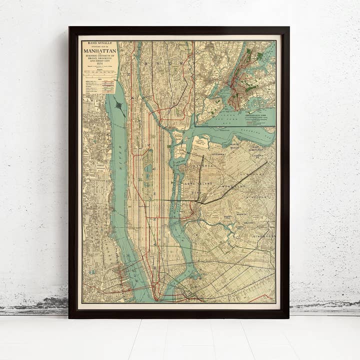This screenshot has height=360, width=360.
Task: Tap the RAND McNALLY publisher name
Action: coord(100,43)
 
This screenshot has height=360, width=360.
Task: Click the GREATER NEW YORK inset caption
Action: coord(258,114)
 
